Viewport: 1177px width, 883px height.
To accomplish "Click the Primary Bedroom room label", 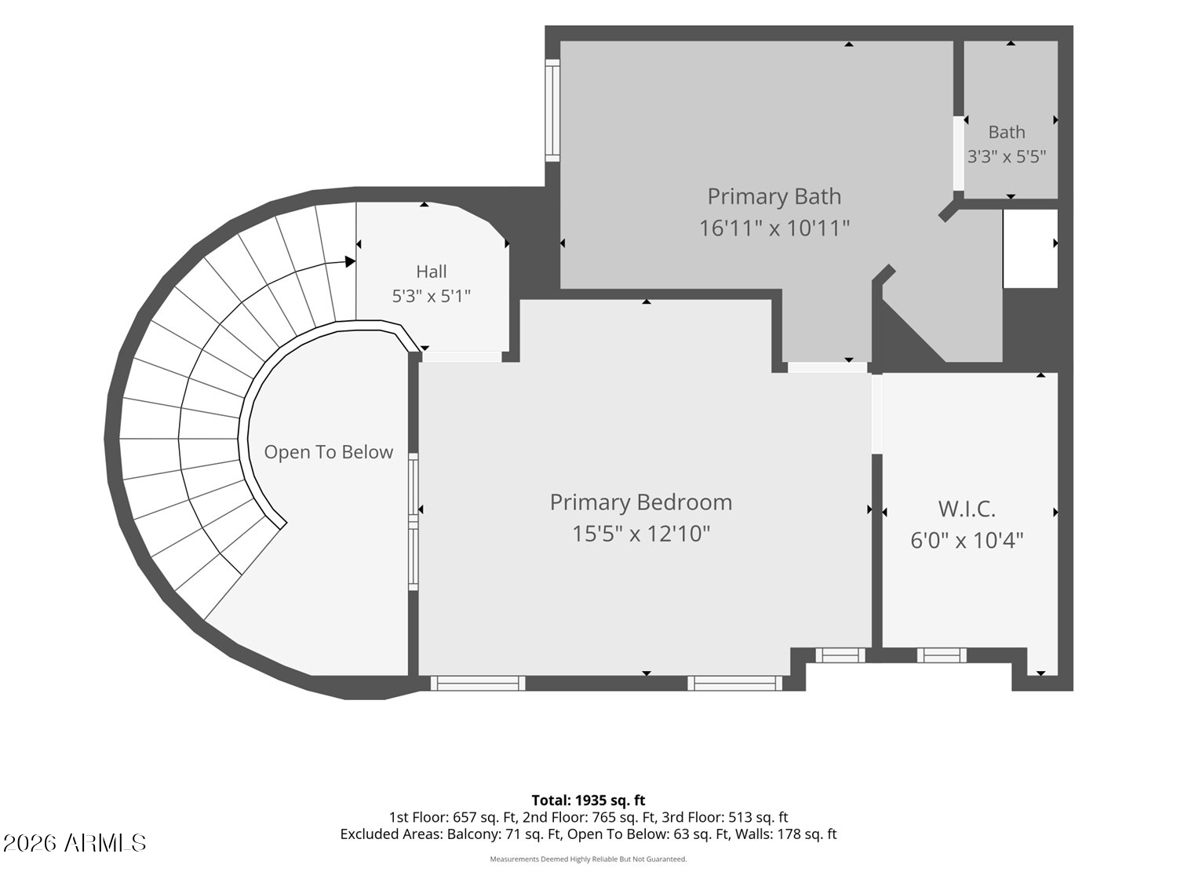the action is coord(641,503).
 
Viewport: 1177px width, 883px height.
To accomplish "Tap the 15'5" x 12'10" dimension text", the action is coord(641,534).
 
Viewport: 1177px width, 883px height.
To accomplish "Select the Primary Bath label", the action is coord(774,197).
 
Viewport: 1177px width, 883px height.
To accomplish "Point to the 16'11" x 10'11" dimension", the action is coord(774,228).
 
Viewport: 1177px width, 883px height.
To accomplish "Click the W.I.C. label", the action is coord(967,509).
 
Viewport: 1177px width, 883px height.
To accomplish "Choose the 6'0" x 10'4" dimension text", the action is coord(967,540).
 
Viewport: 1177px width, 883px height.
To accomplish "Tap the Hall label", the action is coord(431,272).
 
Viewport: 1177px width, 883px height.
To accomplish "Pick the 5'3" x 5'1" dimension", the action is coord(431,296).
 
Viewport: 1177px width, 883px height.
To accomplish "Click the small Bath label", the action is coord(1007,132).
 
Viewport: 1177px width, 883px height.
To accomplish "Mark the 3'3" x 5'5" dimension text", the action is coord(1007,156).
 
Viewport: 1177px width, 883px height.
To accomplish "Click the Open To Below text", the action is coord(328,452).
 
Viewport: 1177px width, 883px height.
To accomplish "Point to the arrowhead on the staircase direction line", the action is coord(350,261).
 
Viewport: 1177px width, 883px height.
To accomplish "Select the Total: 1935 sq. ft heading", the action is coord(588,801).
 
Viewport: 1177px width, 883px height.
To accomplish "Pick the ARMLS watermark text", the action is coord(75,843).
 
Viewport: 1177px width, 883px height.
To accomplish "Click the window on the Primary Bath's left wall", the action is coord(552,110).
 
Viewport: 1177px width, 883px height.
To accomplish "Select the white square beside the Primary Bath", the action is coord(1030,248).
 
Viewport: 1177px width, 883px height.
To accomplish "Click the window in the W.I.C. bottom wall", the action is coord(942,655).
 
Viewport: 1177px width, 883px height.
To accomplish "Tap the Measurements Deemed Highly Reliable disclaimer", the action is coord(588,859).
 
